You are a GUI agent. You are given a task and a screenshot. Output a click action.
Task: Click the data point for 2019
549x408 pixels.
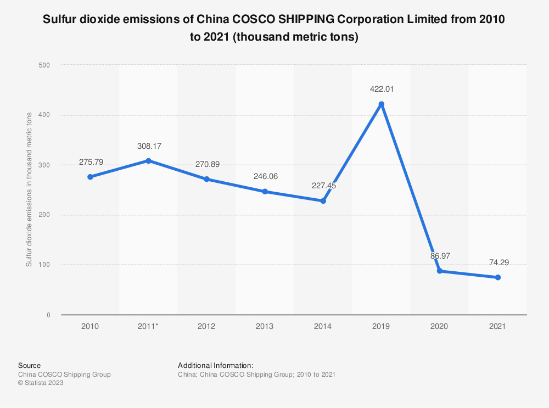[381, 104]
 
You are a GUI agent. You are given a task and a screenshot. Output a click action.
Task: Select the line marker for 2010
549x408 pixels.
[90, 177]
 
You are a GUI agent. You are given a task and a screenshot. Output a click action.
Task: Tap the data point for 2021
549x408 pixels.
[497, 277]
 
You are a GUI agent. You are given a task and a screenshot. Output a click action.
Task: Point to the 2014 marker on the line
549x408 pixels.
[323, 201]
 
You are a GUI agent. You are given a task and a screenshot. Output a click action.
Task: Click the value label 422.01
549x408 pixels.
[381, 89]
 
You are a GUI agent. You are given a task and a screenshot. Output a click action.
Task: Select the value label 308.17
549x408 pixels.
[148, 147]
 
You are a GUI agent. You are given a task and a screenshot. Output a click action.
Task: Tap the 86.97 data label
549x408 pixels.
[439, 256]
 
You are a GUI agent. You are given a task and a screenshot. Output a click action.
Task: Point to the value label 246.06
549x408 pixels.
[265, 177]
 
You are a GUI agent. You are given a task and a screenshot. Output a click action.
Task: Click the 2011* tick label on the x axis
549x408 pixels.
[148, 326]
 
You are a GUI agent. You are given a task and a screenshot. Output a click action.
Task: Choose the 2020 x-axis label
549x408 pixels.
[439, 326]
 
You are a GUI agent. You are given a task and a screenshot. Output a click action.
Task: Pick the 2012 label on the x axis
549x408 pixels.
[206, 326]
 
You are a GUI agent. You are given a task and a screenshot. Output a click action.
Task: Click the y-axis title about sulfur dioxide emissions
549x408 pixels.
[29, 190]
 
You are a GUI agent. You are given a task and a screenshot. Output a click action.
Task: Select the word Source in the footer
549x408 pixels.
[29, 365]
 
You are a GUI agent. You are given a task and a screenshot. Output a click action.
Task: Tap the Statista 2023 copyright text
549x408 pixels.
[41, 383]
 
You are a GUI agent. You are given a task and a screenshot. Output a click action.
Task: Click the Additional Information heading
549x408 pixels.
[215, 365]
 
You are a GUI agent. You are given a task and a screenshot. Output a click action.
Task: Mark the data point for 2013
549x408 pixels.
[265, 192]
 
